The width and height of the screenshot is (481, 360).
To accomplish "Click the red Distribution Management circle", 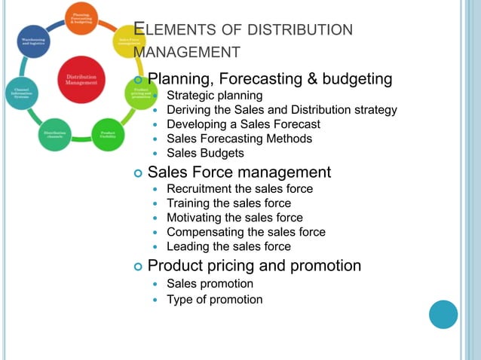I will (81, 79).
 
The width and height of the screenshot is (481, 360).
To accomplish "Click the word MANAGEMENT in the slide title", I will (187, 53).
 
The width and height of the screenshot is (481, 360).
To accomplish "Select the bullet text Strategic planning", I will (214, 96).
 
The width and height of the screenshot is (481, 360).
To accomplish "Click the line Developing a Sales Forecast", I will (243, 124).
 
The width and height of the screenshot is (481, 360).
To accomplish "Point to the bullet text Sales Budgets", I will (205, 153).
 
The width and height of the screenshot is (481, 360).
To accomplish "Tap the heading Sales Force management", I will (239, 172).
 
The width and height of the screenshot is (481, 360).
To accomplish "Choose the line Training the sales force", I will (228, 203).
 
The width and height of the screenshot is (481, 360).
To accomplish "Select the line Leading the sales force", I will (228, 246).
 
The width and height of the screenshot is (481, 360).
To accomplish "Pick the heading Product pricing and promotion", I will (254, 266).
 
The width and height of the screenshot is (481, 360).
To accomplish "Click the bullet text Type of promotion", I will (214, 299).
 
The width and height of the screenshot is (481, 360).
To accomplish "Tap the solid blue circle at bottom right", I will (443, 314).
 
